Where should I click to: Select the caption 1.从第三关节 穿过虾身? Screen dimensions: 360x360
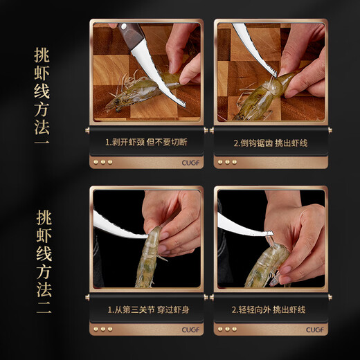tap(145, 311)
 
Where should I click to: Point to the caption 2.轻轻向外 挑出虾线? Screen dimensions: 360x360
tap(269, 311)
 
